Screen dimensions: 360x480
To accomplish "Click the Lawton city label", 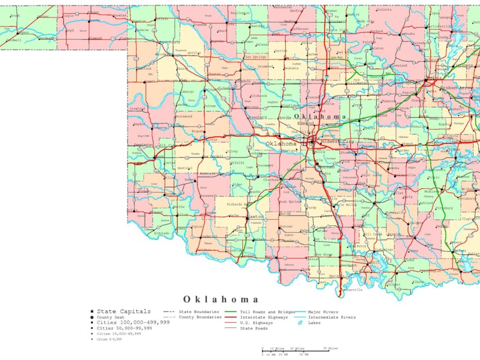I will (255, 217).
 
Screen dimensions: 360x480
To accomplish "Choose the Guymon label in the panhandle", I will (22, 32).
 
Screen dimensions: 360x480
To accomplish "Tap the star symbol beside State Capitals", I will (92, 311).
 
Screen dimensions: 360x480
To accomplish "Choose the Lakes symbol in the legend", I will (300, 322).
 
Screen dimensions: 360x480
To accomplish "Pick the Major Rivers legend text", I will (323, 312).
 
